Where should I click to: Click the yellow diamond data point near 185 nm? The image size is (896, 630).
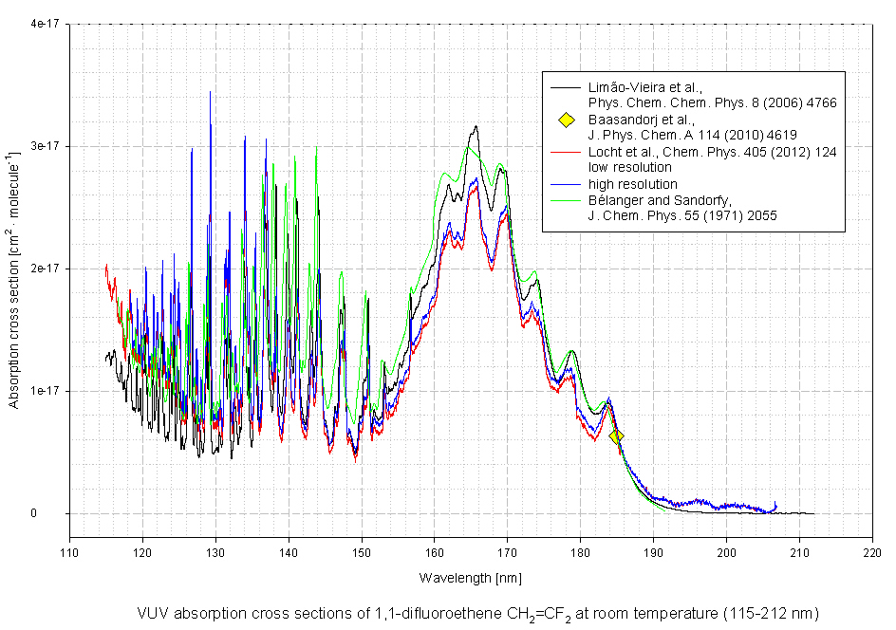coord(615,436)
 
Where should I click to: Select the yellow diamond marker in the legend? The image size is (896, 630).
coord(566,120)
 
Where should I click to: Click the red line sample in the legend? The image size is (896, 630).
coord(566,152)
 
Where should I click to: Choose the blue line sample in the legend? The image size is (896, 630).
coord(566,184)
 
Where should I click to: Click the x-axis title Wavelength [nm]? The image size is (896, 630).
coord(470,577)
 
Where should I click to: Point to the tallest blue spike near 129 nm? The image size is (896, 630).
coord(210,92)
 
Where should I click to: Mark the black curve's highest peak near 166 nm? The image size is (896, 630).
coord(476,126)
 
